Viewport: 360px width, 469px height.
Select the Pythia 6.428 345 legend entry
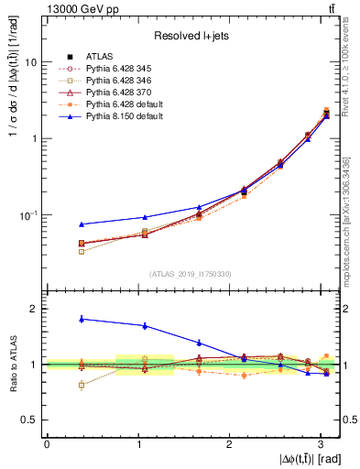click(x=115, y=69)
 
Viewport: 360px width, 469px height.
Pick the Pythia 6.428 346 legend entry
click(x=115, y=81)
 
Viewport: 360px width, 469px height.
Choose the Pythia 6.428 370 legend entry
click(x=115, y=93)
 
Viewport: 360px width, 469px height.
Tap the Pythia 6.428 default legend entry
click(x=119, y=104)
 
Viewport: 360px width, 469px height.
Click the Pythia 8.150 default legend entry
click(x=119, y=116)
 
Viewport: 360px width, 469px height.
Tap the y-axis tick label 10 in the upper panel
click(x=31, y=62)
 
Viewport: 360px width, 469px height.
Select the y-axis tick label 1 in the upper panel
click(x=34, y=138)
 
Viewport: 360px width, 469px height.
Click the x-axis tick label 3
click(x=321, y=444)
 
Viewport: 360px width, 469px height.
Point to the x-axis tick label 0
click(x=47, y=444)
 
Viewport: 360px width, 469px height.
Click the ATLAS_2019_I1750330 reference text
click(x=190, y=274)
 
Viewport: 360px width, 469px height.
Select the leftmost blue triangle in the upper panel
click(x=82, y=224)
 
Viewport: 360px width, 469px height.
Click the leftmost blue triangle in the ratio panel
click(x=82, y=319)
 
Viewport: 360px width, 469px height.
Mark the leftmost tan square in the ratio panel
click(x=82, y=385)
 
